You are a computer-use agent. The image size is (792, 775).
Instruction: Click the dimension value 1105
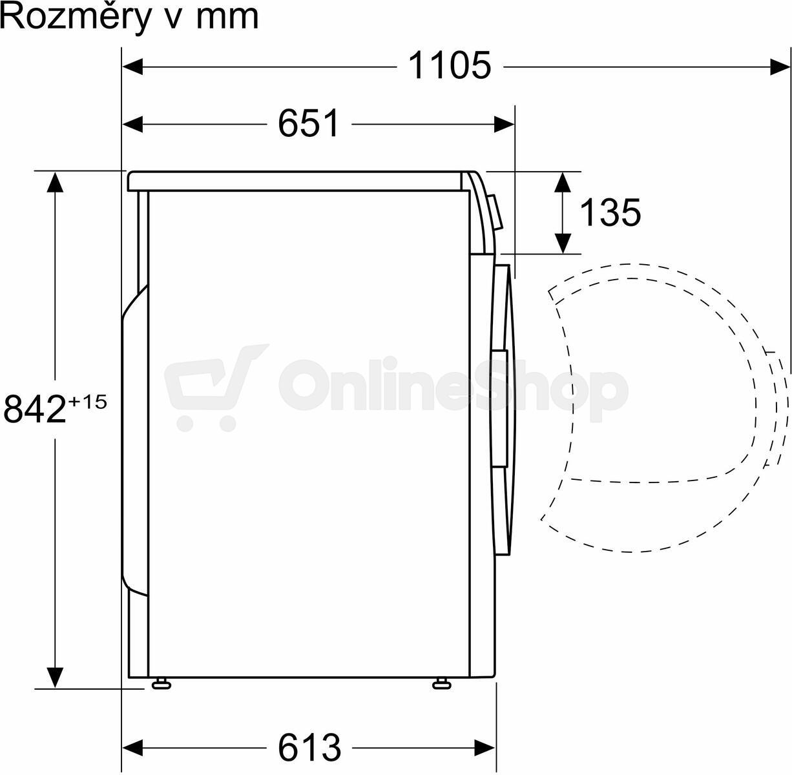click(x=450, y=65)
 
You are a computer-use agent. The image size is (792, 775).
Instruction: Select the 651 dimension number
click(x=309, y=123)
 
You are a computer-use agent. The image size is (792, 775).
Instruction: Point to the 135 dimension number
click(x=610, y=212)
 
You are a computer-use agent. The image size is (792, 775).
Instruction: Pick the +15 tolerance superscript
click(x=88, y=402)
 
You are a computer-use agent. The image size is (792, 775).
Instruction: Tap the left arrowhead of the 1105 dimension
click(x=132, y=67)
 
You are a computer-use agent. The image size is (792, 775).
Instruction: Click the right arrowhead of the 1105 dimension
click(x=780, y=67)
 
